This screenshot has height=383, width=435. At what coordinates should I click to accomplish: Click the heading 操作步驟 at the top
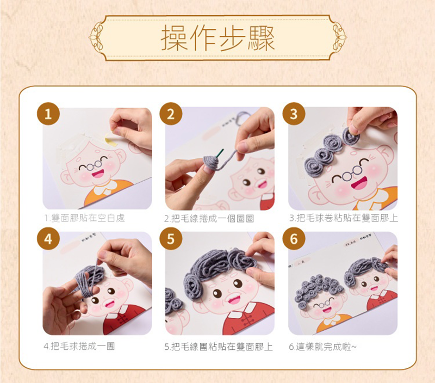(x=218, y=38)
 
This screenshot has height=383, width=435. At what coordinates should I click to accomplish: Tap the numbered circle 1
(x=48, y=114)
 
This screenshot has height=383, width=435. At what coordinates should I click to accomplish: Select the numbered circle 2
(x=171, y=114)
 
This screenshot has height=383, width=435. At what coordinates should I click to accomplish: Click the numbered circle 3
(x=294, y=114)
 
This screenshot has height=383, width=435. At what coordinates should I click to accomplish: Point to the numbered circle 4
(x=48, y=239)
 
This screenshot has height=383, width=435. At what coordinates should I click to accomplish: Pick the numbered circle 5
(x=171, y=239)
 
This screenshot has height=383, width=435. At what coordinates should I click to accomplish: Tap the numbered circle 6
(x=294, y=239)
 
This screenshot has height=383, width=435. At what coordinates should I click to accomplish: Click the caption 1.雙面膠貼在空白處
(x=85, y=218)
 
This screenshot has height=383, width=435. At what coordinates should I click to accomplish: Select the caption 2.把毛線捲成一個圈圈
(x=209, y=219)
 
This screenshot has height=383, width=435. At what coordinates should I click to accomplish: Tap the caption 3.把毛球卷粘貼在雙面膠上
(x=344, y=218)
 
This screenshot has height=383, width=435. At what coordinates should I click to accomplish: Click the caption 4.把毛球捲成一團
(x=79, y=346)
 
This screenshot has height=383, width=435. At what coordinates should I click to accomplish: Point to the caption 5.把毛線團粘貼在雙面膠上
(x=219, y=347)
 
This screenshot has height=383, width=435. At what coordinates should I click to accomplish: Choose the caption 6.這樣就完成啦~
(x=322, y=347)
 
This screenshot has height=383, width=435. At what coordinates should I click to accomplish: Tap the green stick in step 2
(x=220, y=153)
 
